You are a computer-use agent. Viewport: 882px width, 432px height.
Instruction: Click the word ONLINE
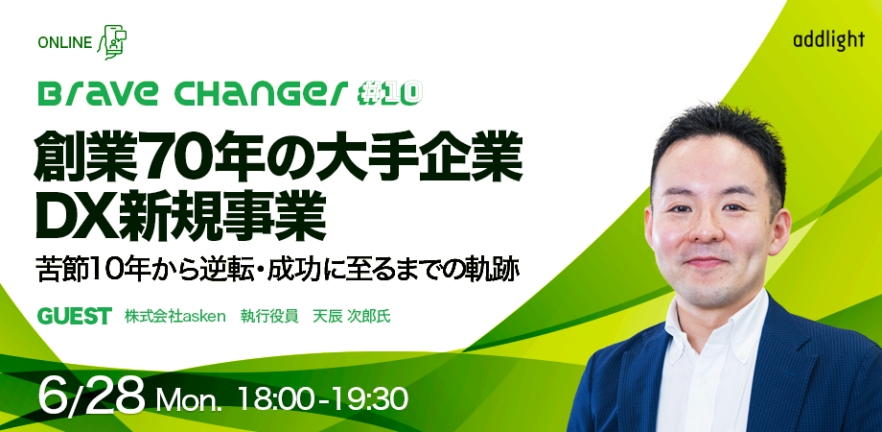(64, 43)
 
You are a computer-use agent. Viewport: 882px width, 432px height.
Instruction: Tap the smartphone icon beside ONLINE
(112, 42)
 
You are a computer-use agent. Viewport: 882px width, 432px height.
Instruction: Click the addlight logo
(829, 40)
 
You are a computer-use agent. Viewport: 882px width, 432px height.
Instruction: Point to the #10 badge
(389, 94)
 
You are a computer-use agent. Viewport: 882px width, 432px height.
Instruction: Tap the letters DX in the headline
(79, 216)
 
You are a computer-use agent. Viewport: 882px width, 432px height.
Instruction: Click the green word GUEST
(74, 317)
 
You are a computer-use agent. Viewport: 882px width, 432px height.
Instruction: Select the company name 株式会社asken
(174, 317)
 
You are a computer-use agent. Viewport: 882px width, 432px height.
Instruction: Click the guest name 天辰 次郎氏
(351, 317)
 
